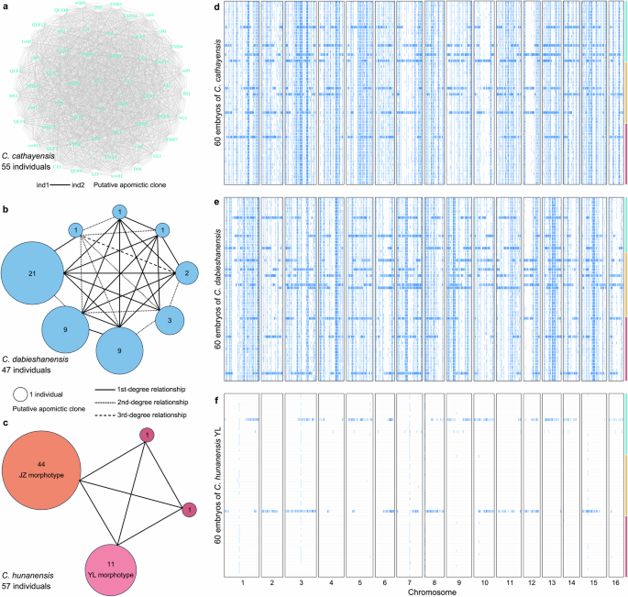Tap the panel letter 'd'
(215, 7)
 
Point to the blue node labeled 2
(186, 273)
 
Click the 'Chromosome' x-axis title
(422, 591)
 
